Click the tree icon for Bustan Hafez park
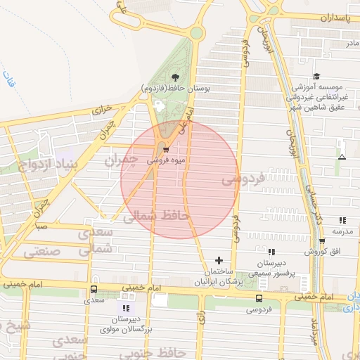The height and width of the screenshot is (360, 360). [x=175, y=77]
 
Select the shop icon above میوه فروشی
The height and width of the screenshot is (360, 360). [x=165, y=149]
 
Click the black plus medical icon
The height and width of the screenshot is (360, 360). [x=219, y=260]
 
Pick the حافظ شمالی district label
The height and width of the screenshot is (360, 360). [x=157, y=217]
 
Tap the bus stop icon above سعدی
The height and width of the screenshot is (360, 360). [x=94, y=289]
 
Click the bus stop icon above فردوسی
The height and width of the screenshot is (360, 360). [x=260, y=297]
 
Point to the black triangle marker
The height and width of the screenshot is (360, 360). [x=342, y=157]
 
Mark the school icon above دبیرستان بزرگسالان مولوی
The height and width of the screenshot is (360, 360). [x=126, y=308]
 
